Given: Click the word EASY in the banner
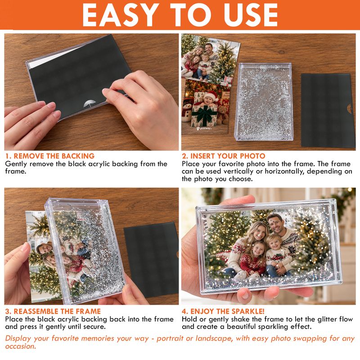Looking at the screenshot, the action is pyautogui.click(x=121, y=15).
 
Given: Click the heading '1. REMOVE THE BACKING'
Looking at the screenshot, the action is pyautogui.click(x=50, y=156).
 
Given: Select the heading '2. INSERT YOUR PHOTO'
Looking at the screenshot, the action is pyautogui.click(x=223, y=156).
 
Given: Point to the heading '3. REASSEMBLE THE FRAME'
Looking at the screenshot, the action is pyautogui.click(x=53, y=311).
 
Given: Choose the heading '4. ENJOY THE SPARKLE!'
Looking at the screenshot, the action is pyautogui.click(x=223, y=311).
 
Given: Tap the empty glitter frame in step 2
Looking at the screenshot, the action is pyautogui.click(x=263, y=101).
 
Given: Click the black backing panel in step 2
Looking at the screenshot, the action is pyautogui.click(x=328, y=110).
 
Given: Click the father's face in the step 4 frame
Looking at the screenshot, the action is pyautogui.click(x=276, y=222).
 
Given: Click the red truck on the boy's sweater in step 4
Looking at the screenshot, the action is pyautogui.click(x=277, y=257).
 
